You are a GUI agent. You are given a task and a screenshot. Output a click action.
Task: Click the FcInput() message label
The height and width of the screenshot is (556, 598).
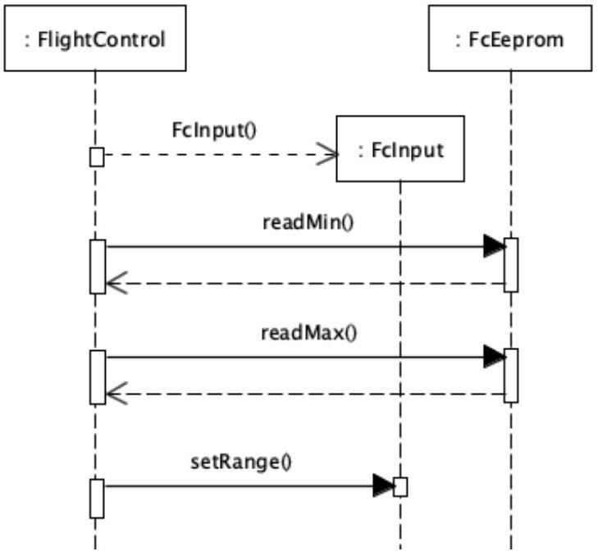coord(214,130)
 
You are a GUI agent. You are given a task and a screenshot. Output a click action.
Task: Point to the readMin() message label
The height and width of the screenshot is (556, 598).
coord(308,222)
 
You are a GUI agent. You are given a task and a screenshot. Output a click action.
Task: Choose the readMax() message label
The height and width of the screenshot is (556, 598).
coord(309,332)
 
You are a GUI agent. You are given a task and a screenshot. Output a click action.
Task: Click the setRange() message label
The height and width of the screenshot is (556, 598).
coord(241,463)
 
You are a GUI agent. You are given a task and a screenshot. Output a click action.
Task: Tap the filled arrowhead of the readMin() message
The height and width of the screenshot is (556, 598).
coord(495,246)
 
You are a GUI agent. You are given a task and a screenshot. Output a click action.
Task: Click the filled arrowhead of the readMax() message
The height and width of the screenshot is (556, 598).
coord(495,357)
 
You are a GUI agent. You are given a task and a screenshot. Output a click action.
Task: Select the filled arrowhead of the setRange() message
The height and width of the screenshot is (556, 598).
coord(383,485)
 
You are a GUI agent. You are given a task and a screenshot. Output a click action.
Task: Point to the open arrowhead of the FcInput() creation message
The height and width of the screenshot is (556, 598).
coord(327,154)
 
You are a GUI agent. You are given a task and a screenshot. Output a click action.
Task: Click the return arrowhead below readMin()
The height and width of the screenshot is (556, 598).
coord(116,284)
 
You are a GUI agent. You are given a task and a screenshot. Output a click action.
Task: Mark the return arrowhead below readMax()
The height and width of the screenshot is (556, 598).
coord(116,394)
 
